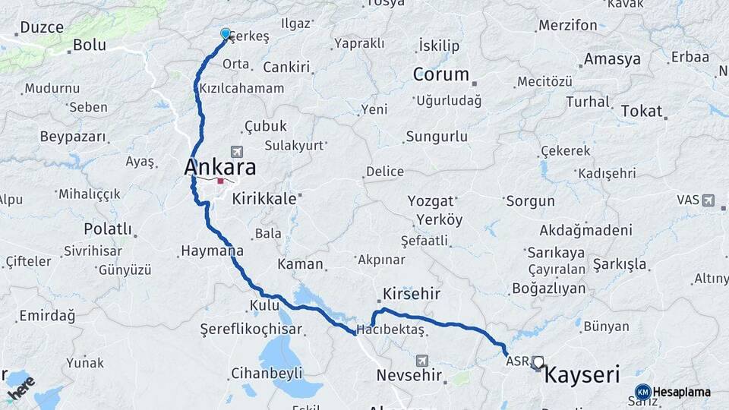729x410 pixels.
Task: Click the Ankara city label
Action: (220, 167)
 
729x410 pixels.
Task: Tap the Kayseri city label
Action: (582, 374)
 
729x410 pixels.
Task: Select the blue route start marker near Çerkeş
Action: (226, 33)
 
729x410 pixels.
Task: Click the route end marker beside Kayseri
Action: (538, 362)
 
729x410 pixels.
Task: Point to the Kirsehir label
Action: (412, 293)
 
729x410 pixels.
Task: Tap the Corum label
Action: (441, 74)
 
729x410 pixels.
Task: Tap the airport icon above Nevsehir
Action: (422, 360)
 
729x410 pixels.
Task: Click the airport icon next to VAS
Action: (708, 200)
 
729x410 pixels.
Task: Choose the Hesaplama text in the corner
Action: (682, 393)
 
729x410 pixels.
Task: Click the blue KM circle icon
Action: (643, 393)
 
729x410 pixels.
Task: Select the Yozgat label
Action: (431, 201)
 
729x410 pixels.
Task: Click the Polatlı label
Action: (108, 229)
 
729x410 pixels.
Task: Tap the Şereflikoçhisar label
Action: (251, 330)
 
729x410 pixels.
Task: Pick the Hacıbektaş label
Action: (390, 329)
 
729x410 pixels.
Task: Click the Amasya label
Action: (612, 59)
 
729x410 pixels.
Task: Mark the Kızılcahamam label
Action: (241, 88)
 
